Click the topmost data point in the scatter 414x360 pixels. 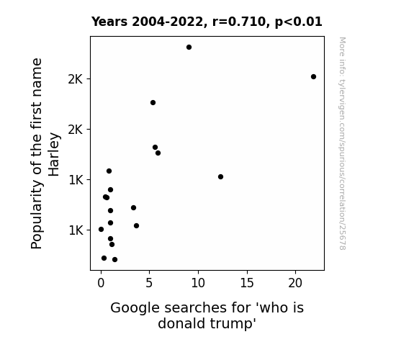[x=189, y=48]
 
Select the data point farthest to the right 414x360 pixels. [x=313, y=77]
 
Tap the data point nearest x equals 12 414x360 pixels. [x=221, y=176]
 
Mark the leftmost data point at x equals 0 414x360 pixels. [x=101, y=229]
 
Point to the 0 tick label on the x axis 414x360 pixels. [x=101, y=283]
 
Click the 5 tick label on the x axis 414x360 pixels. [x=149, y=283]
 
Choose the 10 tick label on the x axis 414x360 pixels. [x=198, y=283]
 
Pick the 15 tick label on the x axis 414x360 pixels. [x=247, y=283]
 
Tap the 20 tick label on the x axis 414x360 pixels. [x=295, y=283]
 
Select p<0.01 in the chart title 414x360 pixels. [x=299, y=22]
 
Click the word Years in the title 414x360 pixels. [x=109, y=22]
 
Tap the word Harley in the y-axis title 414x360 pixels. [x=54, y=155]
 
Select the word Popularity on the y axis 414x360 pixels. [x=37, y=215]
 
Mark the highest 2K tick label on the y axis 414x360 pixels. [x=76, y=79]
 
